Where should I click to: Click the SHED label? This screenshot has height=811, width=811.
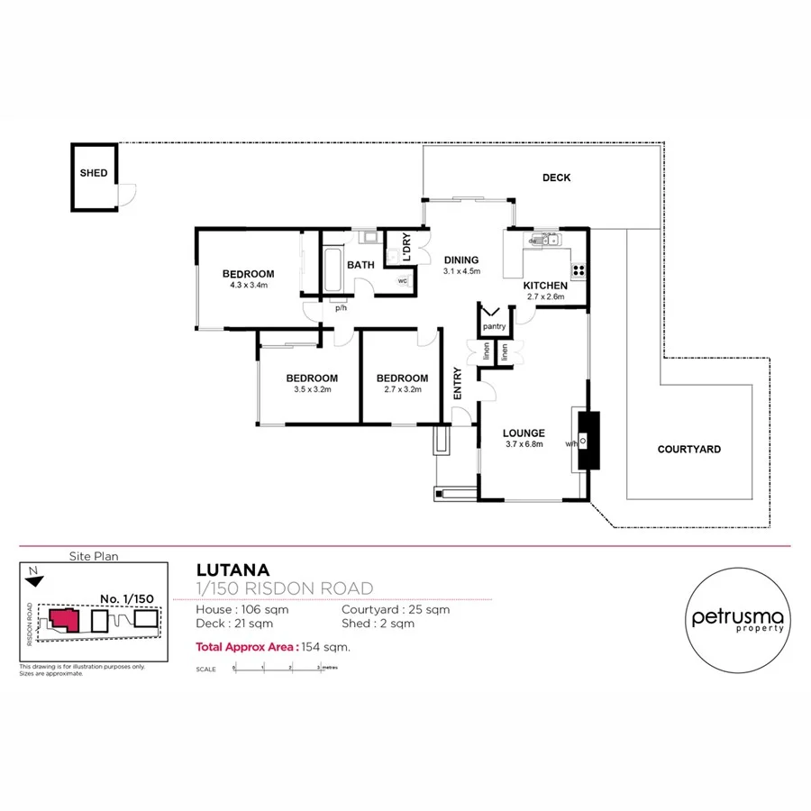click(93, 173)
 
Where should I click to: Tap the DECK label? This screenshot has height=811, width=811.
click(556, 178)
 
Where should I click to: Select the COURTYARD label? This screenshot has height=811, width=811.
click(688, 449)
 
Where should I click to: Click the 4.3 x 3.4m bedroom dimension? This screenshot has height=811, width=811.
click(248, 285)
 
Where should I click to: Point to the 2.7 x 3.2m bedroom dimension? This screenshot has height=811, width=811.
click(402, 390)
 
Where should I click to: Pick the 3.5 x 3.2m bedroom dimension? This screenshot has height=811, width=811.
click(312, 390)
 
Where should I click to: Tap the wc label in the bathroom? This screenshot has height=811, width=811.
click(403, 281)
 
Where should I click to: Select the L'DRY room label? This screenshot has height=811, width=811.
click(407, 247)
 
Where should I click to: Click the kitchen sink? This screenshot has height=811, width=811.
click(544, 240)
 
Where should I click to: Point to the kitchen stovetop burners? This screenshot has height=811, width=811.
click(578, 269)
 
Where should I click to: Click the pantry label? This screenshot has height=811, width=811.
click(493, 326)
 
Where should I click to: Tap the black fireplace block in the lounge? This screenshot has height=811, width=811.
click(588, 440)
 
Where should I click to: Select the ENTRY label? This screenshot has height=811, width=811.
click(458, 384)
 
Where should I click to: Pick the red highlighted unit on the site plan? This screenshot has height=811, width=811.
click(64, 620)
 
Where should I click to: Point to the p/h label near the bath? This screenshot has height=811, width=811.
click(341, 308)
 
